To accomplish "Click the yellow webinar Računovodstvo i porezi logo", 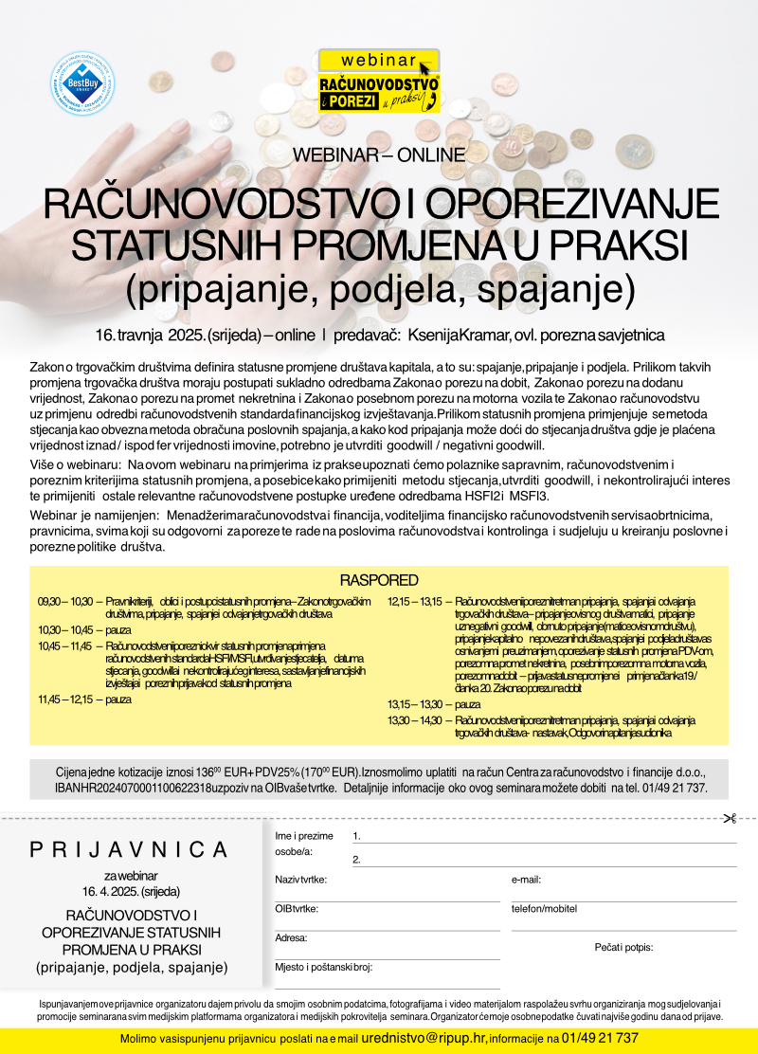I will coord(379,82).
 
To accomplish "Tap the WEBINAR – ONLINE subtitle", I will coord(379,154).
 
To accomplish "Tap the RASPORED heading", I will coord(379,580).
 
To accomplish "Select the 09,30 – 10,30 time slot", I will coord(64,602).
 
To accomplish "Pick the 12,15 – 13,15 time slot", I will coord(415,602).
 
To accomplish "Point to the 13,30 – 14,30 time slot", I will coord(415,720).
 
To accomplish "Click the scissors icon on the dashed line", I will coord(728,818).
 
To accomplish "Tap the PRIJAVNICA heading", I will coord(130,849).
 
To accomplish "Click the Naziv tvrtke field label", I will coord(300,880).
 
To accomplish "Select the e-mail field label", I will coord(526,880).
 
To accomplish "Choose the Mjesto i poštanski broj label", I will coord(324,967).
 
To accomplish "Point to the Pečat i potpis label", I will coord(623,947).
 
